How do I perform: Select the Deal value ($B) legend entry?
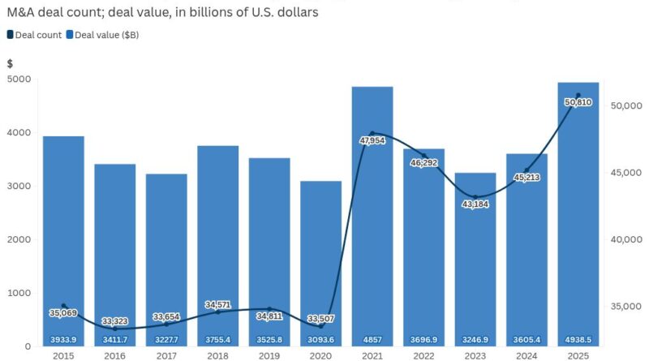(x=106, y=34)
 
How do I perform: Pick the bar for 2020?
(x=320, y=243)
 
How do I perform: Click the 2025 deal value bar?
(x=578, y=211)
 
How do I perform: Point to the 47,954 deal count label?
(x=372, y=140)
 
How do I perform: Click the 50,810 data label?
(x=578, y=103)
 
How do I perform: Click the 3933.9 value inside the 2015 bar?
(x=63, y=339)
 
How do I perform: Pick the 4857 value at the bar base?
(x=372, y=339)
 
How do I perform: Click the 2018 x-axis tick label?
(x=218, y=355)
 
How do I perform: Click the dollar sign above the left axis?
(x=10, y=63)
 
